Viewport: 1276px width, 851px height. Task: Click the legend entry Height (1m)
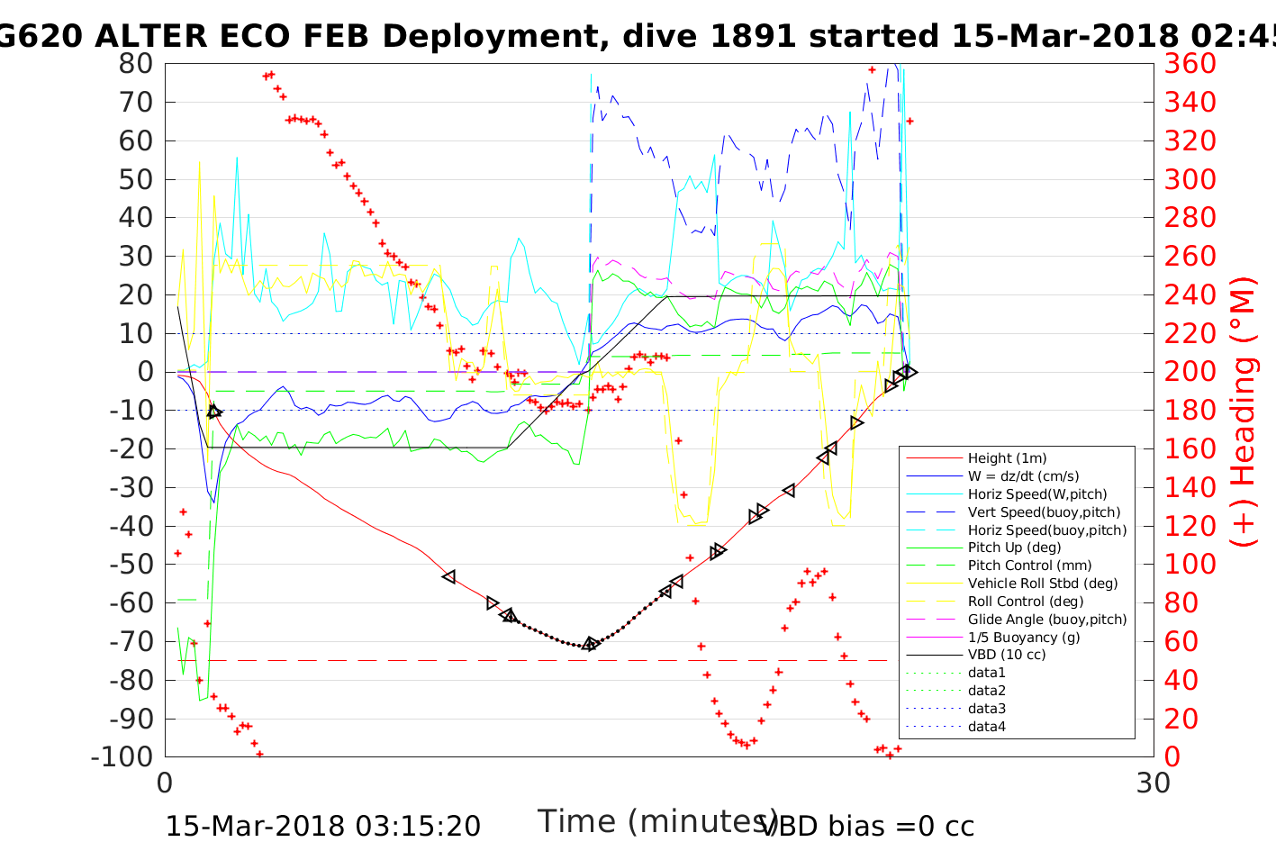coord(1007,458)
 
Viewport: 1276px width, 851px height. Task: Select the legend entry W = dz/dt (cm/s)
coord(1023,476)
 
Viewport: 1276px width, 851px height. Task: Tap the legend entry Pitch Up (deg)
coord(1014,548)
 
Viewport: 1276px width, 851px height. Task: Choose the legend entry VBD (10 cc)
coord(1007,655)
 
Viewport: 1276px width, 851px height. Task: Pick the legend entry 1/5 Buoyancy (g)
coord(1024,637)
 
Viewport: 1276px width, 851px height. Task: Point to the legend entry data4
coord(986,727)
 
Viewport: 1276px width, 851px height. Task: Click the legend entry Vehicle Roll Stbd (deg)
coord(1043,584)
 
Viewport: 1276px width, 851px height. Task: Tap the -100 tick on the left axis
coord(122,756)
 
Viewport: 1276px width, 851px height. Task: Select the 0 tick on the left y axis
coord(144,372)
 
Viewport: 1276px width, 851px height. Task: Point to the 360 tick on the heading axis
coord(1190,64)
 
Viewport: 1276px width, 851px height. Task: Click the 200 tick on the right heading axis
coord(1190,372)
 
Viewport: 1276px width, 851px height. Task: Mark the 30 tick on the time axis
coord(1154,783)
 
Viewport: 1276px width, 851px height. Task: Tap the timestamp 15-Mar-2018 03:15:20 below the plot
coord(322,826)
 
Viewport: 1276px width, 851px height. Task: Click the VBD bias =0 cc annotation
coord(867,826)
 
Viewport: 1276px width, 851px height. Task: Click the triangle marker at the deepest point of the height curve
coord(591,644)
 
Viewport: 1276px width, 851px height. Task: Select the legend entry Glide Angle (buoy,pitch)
coord(1047,620)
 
